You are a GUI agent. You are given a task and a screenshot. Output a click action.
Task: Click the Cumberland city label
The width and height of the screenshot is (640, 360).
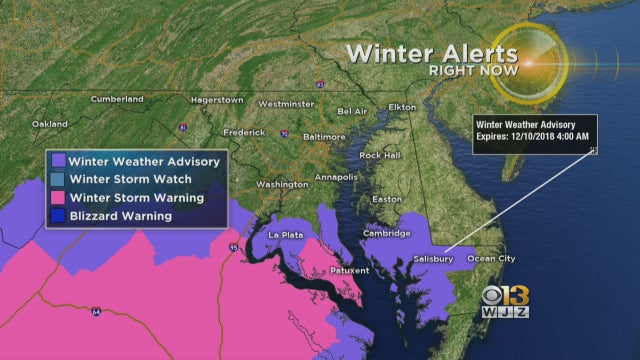pos(116,99)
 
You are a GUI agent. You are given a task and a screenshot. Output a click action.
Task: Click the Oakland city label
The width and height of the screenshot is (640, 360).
pos(48,124)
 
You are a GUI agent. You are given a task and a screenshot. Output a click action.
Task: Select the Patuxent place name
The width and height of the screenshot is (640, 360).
pos(350,270)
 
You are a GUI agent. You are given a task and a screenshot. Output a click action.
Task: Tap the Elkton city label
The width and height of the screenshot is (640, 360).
pos(401,106)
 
